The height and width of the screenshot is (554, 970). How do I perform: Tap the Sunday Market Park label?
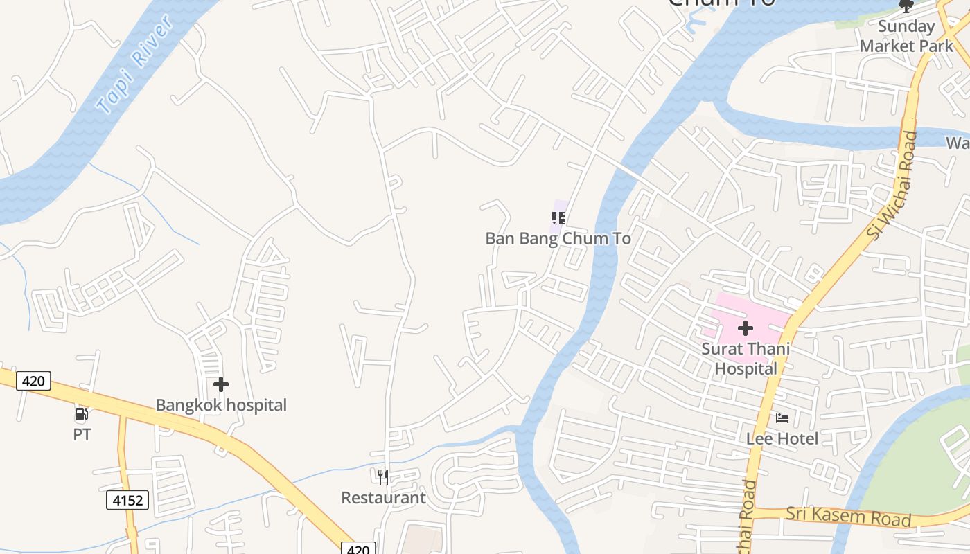click(906, 36)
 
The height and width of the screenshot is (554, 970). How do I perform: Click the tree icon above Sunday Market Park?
click(906, 6)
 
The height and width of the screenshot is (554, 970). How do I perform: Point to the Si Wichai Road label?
click(892, 186)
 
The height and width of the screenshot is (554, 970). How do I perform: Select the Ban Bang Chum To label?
click(558, 238)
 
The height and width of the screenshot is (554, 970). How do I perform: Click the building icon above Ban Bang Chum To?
click(558, 218)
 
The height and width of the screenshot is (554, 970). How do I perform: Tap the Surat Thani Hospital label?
click(746, 359)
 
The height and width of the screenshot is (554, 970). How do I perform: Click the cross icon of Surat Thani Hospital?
click(746, 328)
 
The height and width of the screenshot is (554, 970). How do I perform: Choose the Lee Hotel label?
click(782, 438)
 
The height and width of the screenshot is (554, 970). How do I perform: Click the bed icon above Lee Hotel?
click(782, 418)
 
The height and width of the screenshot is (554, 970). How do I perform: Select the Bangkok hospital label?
click(221, 405)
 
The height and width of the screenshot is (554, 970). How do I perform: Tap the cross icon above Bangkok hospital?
click(221, 384)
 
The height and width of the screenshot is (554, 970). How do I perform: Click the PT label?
click(82, 435)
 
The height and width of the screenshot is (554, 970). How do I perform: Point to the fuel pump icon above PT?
click(82, 415)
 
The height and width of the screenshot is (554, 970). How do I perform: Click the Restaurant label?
click(383, 497)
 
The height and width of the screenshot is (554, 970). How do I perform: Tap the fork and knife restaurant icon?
click(383, 476)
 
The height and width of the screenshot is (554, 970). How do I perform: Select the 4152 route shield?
click(127, 499)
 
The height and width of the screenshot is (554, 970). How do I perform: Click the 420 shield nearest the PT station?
click(33, 380)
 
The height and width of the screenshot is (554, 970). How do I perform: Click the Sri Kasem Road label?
click(848, 517)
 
